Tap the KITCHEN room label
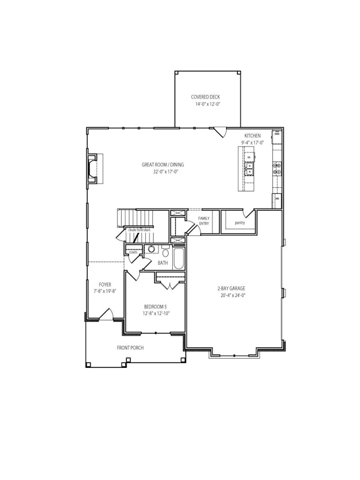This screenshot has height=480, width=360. [x=253, y=136]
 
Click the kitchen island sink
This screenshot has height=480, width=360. [x=248, y=170]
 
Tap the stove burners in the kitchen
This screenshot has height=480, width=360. [x=278, y=169]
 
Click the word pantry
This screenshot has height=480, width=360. [x=240, y=223]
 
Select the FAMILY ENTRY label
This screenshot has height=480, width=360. [x=204, y=221]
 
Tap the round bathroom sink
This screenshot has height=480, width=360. [x=152, y=248]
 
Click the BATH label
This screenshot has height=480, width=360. [x=163, y=263]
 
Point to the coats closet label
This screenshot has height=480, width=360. [x=133, y=253]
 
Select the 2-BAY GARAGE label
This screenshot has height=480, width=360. [x=232, y=288]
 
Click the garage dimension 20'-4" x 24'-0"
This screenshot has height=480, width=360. [x=232, y=295]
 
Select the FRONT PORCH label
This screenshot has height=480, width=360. [x=130, y=347]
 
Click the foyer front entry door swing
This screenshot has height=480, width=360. [x=107, y=314]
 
